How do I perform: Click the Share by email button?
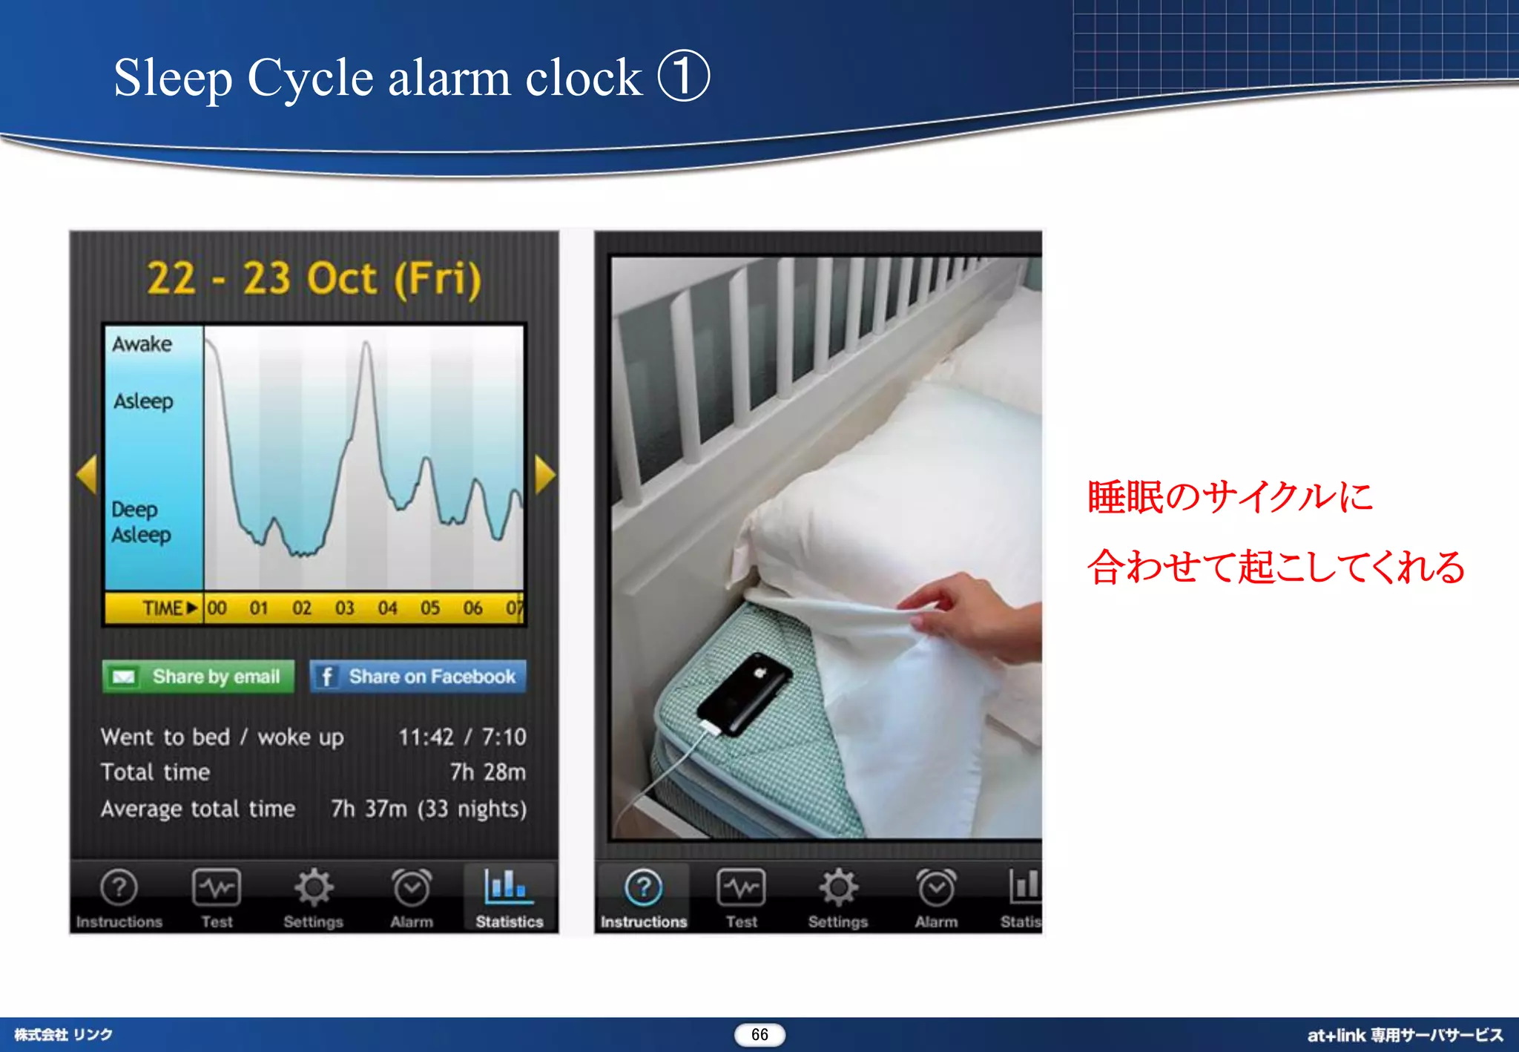click(198, 677)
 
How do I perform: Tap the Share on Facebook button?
click(418, 677)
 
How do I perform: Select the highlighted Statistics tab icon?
click(509, 887)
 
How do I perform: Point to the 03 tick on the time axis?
click(344, 608)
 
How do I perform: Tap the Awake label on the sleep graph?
click(142, 344)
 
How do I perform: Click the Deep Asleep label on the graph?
click(141, 522)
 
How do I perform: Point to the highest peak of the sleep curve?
click(366, 343)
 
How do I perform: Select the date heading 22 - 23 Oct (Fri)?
click(314, 279)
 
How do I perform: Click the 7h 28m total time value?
click(487, 772)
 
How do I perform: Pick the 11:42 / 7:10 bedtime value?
click(462, 737)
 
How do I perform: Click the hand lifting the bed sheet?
click(972, 612)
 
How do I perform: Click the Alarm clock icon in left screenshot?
click(412, 888)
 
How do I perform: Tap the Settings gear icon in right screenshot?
click(838, 887)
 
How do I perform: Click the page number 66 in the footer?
click(759, 1034)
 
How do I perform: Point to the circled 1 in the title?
click(684, 76)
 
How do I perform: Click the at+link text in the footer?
click(1336, 1035)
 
